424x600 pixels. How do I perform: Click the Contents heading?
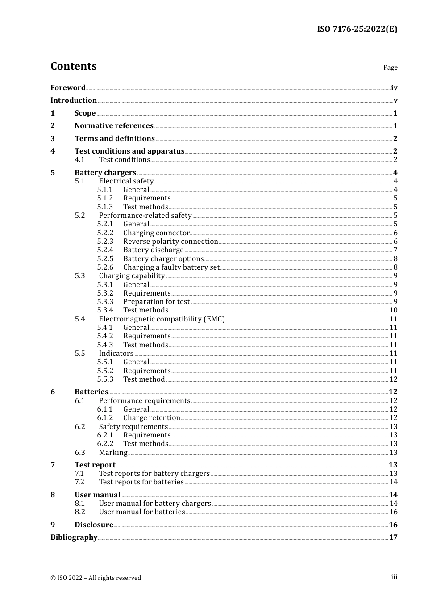coord(73,66)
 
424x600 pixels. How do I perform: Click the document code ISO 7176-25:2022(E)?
coord(357,29)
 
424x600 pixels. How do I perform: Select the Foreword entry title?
coord(68,87)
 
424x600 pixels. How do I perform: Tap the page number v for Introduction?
coord(395,100)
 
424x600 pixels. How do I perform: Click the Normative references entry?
coord(114,126)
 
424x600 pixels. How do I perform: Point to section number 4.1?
coord(79,160)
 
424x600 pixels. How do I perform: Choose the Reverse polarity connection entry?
coord(170,242)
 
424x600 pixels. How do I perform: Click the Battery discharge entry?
coord(153,250)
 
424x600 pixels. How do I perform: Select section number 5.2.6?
coord(105,267)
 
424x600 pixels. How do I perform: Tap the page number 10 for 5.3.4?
coord(393,310)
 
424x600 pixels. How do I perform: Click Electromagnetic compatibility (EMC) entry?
coord(162,319)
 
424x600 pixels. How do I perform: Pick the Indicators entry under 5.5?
coord(116,354)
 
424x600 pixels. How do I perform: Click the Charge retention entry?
coord(151,418)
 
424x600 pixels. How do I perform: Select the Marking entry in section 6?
coord(113,453)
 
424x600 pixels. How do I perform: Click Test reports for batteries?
coord(141,482)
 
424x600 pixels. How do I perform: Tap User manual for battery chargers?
coord(155,504)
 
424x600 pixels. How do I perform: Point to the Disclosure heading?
coord(94,525)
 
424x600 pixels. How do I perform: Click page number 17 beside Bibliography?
coord(393,537)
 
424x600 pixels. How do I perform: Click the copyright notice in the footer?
coord(96,578)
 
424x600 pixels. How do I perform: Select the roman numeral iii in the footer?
coord(394,577)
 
